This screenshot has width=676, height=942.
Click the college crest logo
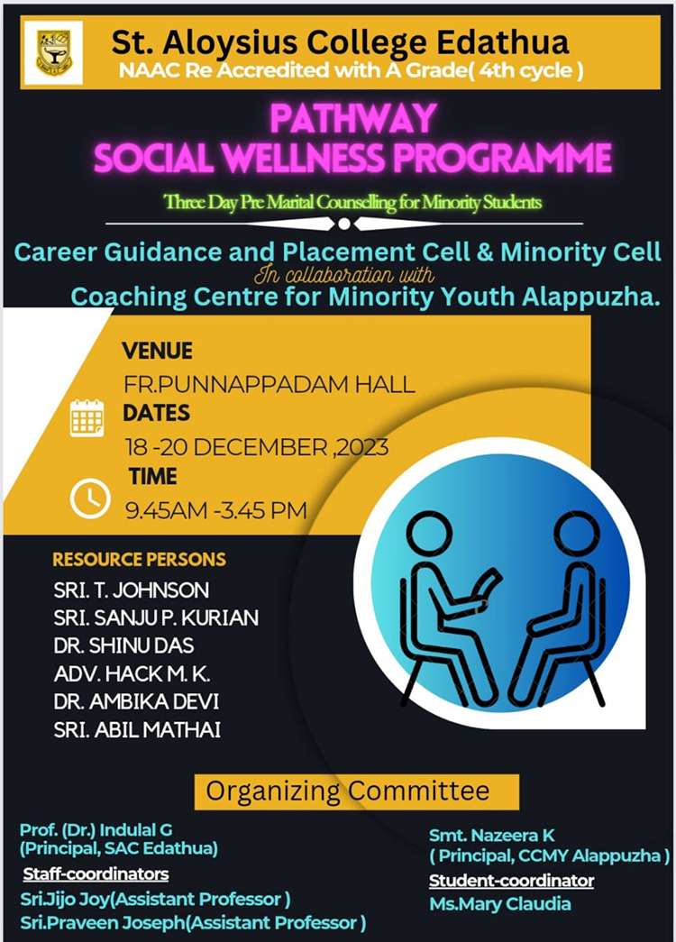[53, 53]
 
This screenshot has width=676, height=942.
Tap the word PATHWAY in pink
[353, 118]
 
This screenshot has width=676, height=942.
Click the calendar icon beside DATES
[87, 417]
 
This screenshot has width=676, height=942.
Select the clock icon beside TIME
[90, 498]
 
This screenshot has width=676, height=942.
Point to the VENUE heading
[158, 351]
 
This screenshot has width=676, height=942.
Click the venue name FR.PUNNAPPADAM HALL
[269, 384]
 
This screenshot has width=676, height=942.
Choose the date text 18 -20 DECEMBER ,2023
[257, 447]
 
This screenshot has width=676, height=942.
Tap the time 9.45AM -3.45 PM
[216, 510]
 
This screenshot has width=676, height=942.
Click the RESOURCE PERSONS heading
[140, 559]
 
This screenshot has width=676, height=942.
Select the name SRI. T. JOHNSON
[132, 590]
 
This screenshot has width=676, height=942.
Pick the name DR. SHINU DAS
[123, 645]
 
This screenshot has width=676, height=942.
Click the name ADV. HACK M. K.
[132, 674]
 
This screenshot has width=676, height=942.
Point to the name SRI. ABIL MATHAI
[137, 729]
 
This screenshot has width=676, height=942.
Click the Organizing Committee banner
[356, 791]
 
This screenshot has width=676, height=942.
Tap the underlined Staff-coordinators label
[96, 873]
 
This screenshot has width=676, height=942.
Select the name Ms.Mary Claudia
[500, 903]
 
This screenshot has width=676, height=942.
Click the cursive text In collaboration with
[343, 275]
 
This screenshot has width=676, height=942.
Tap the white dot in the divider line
[344, 224]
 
